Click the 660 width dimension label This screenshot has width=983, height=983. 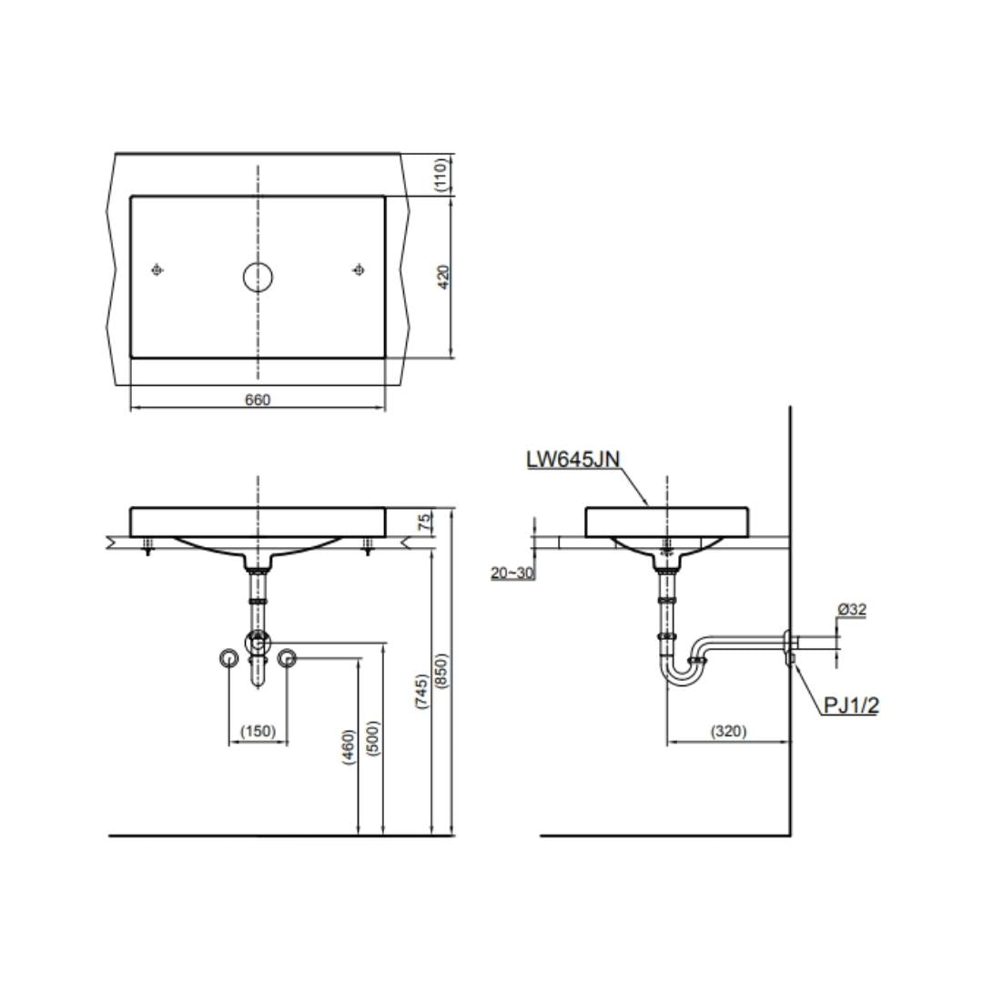point(258,400)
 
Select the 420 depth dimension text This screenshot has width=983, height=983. point(443,277)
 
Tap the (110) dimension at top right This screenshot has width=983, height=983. point(441,174)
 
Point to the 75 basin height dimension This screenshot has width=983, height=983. point(425,522)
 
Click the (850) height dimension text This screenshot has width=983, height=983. point(441,671)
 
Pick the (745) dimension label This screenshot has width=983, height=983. point(422,692)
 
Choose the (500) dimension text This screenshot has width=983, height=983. point(373,738)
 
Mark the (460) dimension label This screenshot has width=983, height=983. point(349,746)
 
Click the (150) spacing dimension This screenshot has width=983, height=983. point(258,731)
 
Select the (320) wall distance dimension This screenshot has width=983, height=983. point(728,731)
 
